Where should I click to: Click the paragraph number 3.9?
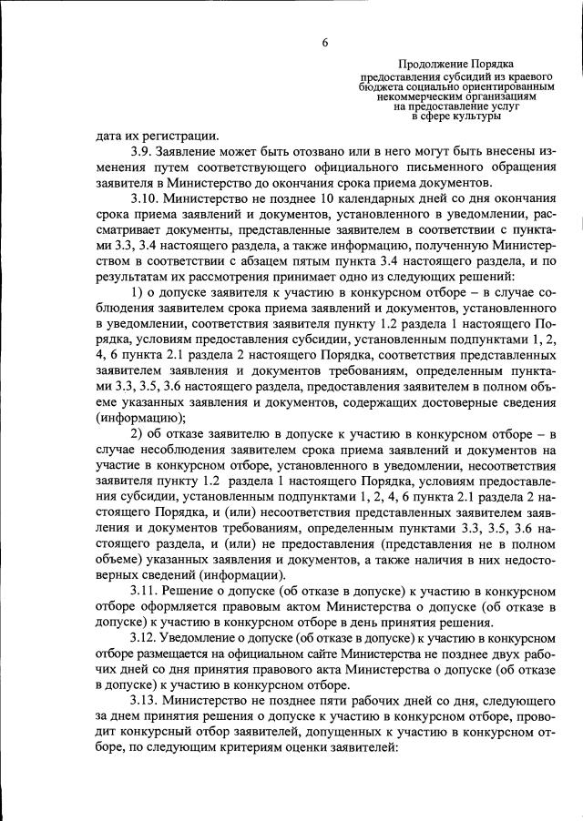[x=141, y=151]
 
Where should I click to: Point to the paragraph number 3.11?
[x=144, y=591]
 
